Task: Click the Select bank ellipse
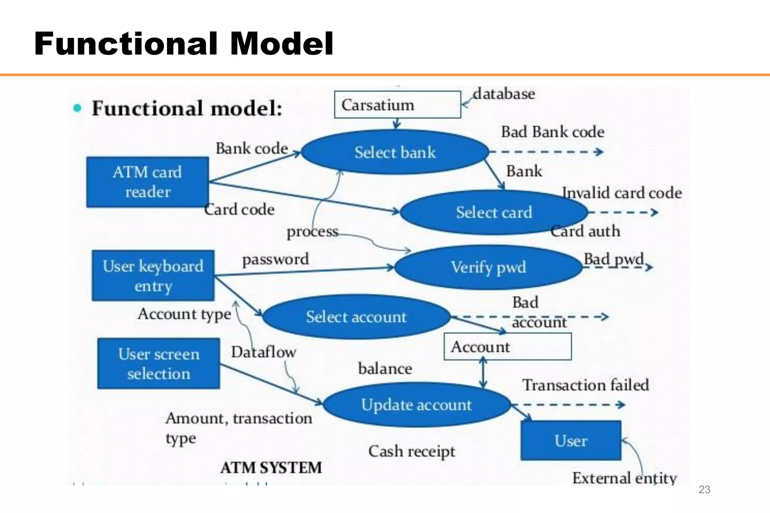pyautogui.click(x=395, y=152)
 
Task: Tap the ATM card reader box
pyautogui.click(x=147, y=182)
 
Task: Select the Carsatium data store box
pyautogui.click(x=397, y=105)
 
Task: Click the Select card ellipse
pyautogui.click(x=494, y=212)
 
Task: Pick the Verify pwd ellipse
pyautogui.click(x=488, y=267)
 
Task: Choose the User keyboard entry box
pyautogui.click(x=153, y=275)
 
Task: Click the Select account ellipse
pyautogui.click(x=356, y=317)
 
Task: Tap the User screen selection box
pyautogui.click(x=158, y=363)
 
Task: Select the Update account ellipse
pyautogui.click(x=416, y=405)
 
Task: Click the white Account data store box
pyautogui.click(x=507, y=347)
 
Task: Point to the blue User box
pyautogui.click(x=570, y=440)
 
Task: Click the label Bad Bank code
pyautogui.click(x=552, y=132)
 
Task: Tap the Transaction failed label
pyautogui.click(x=585, y=385)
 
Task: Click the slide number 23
pyautogui.click(x=704, y=489)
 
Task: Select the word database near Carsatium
pyautogui.click(x=504, y=94)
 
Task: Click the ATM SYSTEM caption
pyautogui.click(x=271, y=468)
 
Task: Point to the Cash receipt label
pyautogui.click(x=411, y=451)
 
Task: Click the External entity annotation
pyautogui.click(x=624, y=478)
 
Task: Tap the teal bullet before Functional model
pyautogui.click(x=77, y=108)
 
